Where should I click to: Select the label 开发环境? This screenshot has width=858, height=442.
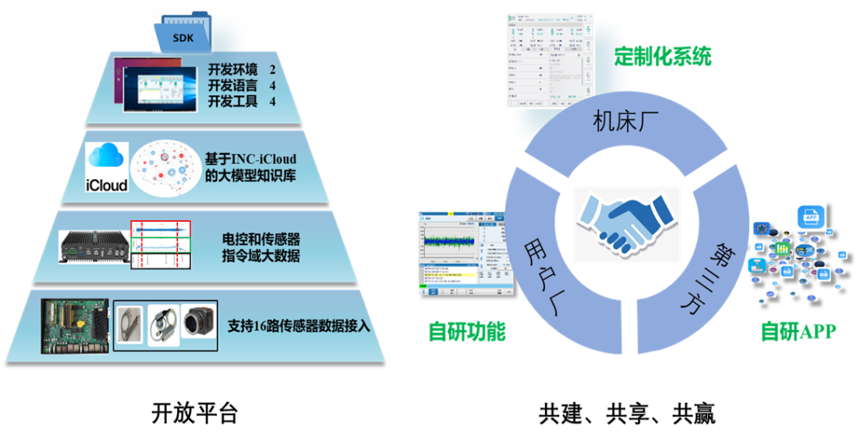click(233, 69)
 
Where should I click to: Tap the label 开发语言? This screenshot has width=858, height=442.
click(233, 85)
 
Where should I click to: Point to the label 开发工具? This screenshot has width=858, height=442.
click(233, 101)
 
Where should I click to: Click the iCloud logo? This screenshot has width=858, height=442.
click(106, 167)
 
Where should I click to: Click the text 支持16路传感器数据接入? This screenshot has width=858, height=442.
click(299, 325)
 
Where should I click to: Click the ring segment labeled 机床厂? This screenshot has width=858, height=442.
click(624, 122)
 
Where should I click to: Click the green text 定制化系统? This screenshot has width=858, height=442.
click(663, 57)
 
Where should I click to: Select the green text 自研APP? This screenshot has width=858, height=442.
click(798, 331)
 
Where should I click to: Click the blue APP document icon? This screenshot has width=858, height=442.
click(811, 218)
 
